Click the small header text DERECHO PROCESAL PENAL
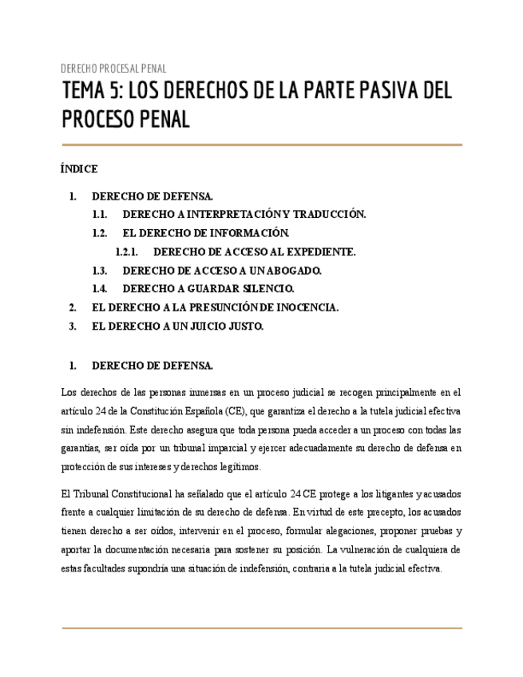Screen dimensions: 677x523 click(113, 69)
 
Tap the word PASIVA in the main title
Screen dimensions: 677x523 click(375, 92)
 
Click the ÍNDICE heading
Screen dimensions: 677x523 click(79, 169)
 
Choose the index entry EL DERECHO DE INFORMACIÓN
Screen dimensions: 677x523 click(205, 233)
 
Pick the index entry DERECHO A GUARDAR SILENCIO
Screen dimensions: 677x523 click(208, 289)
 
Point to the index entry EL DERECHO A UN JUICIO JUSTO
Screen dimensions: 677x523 click(177, 326)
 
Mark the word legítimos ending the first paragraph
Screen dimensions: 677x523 click(237, 468)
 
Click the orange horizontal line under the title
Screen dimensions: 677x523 click(261, 145)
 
